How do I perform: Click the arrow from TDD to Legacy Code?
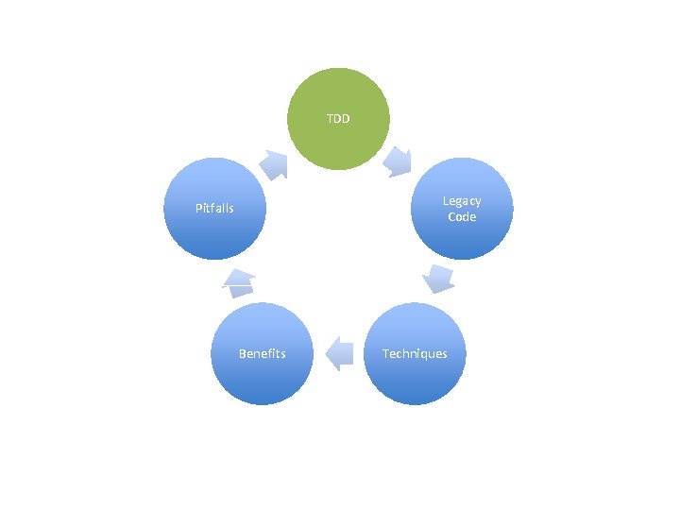[399, 161]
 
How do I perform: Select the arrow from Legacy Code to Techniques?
[439, 278]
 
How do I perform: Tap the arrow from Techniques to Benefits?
[338, 354]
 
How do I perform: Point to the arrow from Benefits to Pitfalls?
[239, 278]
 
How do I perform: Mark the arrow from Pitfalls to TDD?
[275, 164]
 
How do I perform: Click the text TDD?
[338, 119]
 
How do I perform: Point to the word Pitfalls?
[214, 208]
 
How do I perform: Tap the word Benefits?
[262, 353]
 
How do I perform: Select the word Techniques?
[415, 353]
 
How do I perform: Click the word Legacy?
[462, 200]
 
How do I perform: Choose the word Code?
[462, 216]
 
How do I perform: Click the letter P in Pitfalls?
[198, 208]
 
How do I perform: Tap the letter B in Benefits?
[242, 353]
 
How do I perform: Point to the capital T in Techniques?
[385, 353]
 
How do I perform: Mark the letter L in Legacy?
[446, 200]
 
